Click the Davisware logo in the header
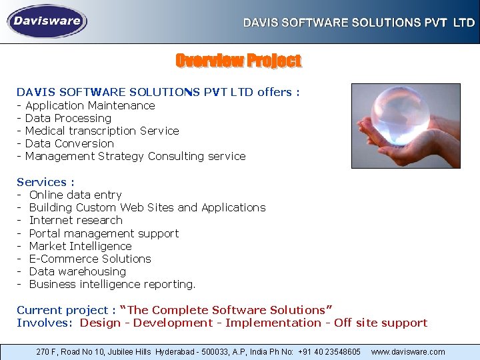47,21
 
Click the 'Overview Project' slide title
238,61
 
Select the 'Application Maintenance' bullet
89,105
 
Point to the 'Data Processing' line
68,118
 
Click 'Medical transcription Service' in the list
101,131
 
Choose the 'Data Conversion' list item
69,143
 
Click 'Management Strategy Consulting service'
135,156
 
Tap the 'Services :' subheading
45,182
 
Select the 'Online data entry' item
75,195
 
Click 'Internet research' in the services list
76,220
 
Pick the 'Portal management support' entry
104,233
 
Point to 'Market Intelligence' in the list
81,246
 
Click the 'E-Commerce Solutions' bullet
90,259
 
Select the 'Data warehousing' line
77,271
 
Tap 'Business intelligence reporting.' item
112,284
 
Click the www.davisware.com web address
408,351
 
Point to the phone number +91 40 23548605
330,351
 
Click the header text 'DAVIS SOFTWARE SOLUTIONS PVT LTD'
359,23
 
